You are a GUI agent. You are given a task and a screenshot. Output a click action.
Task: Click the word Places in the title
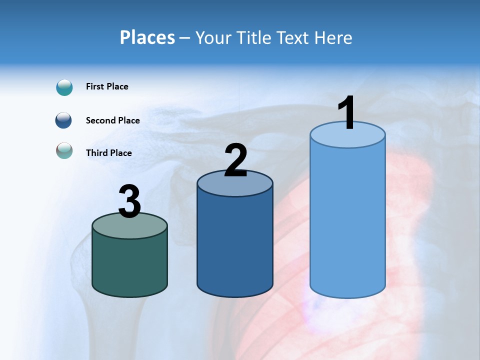147,37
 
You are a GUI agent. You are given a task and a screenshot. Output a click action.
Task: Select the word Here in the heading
334,37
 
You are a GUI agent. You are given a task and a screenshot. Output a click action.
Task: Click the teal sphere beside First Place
64,87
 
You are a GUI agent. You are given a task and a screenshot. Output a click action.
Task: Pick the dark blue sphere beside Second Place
64,120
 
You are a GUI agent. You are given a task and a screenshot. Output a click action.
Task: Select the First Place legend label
107,86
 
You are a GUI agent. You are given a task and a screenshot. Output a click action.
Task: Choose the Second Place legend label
112,120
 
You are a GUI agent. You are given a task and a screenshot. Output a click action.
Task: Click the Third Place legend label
109,153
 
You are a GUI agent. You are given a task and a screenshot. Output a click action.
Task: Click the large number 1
346,113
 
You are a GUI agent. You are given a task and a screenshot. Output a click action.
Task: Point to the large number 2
235,160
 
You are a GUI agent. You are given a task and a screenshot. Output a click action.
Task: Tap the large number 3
130,201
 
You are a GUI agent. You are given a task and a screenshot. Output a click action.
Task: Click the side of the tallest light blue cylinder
347,220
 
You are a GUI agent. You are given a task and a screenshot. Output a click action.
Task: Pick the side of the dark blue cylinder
235,245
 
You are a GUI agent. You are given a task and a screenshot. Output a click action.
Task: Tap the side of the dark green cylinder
130,265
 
